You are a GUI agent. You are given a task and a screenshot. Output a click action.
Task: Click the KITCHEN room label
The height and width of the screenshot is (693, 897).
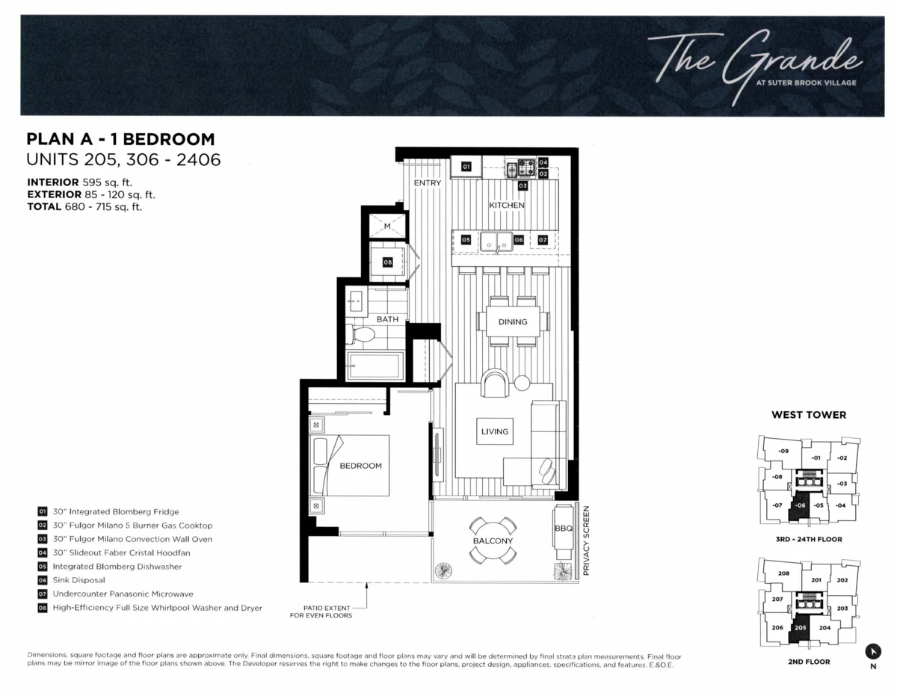pos(507,205)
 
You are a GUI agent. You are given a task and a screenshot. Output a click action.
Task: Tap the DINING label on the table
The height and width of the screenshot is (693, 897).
pos(513,322)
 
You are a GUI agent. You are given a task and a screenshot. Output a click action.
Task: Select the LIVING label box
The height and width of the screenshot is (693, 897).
pos(495,431)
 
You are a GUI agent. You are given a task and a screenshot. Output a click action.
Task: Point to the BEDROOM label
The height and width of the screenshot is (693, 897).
pos(360,466)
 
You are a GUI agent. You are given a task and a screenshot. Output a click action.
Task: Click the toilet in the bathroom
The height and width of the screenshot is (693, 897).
pos(360,334)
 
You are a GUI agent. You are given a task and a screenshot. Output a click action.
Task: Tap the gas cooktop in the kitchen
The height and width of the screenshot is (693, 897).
pos(521,168)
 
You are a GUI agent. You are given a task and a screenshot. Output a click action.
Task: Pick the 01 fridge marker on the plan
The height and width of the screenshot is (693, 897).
pos(466,167)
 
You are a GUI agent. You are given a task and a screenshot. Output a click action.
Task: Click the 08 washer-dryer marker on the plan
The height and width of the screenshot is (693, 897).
pos(387,262)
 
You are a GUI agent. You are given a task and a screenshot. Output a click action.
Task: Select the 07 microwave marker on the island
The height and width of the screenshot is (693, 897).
pos(543,240)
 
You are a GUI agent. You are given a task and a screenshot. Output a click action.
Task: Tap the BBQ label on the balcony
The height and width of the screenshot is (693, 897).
pos(564,529)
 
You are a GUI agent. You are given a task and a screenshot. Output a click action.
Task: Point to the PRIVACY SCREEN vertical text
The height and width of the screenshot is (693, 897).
pos(586,540)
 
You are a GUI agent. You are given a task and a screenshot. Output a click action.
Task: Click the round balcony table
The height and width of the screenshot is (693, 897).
pos(493,540)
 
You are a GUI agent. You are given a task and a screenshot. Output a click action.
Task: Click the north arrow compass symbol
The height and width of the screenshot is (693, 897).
pos(873,652)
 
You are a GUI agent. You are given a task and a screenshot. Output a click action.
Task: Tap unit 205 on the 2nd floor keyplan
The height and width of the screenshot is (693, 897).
pos(800,628)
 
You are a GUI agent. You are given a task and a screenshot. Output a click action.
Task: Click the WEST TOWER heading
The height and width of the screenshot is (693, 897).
pos(809,415)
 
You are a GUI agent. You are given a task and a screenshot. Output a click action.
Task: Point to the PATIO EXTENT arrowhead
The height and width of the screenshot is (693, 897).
pos(366,585)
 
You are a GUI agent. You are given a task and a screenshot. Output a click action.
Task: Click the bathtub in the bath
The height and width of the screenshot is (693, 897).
pos(374,366)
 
